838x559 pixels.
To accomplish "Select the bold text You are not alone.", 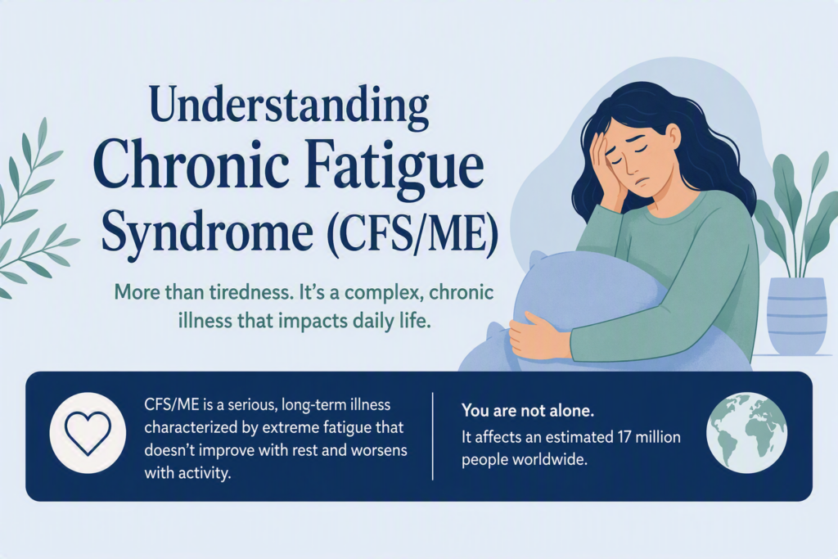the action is tap(528, 411).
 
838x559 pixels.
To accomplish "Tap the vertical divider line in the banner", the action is tap(432, 436).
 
